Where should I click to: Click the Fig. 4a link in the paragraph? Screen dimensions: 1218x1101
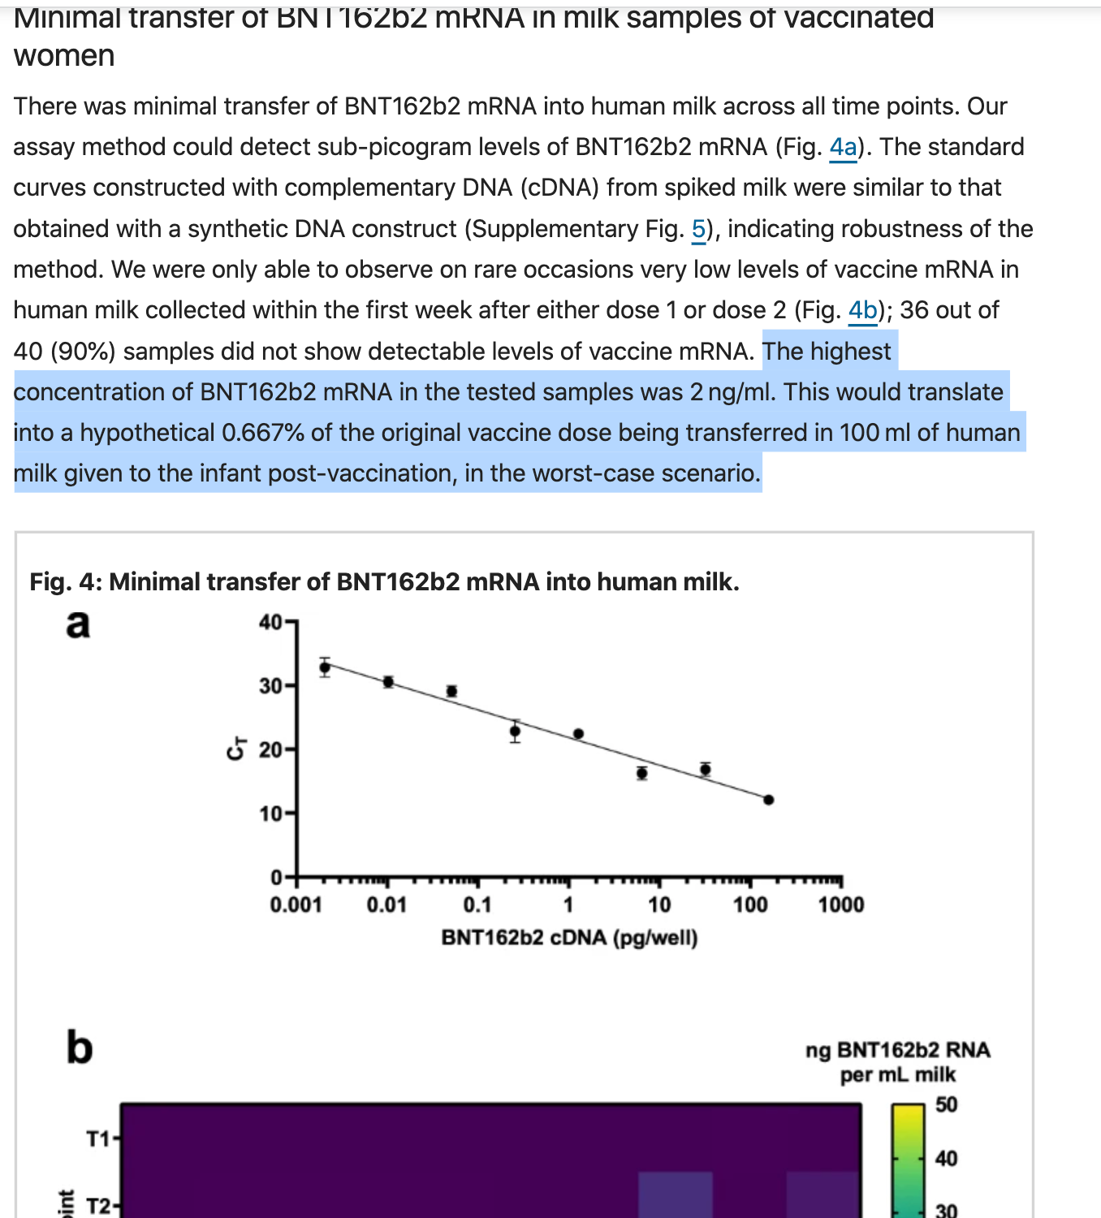click(843, 148)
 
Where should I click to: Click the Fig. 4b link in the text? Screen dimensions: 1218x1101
click(862, 310)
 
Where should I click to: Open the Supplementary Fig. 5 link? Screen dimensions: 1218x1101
click(698, 230)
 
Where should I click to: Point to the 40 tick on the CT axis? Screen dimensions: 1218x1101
click(270, 623)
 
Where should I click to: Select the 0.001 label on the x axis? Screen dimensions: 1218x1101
click(296, 905)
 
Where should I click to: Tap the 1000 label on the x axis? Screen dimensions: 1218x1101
click(840, 905)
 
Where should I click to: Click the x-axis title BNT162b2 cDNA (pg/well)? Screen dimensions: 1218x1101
click(569, 938)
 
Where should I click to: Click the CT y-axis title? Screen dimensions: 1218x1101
click(236, 749)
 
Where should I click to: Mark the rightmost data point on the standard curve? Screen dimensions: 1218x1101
click(768, 800)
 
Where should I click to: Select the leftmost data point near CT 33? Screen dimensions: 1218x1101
click(325, 667)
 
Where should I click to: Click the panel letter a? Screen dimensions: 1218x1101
click(78, 624)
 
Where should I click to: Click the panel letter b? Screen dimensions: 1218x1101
click(80, 1047)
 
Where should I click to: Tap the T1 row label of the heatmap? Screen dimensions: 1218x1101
click(97, 1139)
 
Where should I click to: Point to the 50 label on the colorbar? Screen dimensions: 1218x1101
click(946, 1105)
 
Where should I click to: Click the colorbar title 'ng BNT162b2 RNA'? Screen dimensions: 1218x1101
click(897, 1050)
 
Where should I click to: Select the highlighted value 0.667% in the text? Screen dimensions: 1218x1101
click(262, 433)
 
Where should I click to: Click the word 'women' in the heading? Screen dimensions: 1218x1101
click(64, 56)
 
